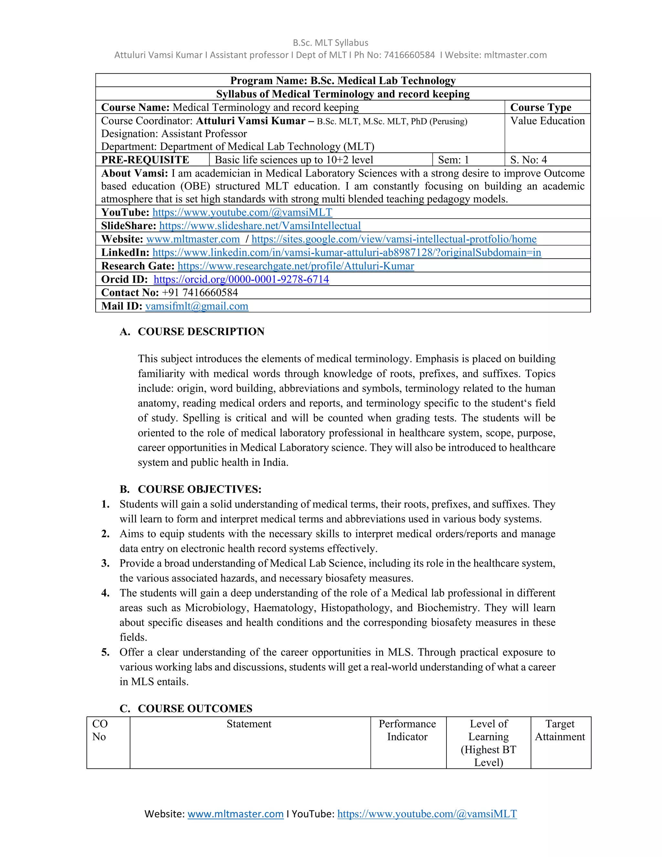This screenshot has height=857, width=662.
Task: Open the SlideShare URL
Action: [260, 226]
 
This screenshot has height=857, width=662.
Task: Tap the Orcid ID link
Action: [241, 279]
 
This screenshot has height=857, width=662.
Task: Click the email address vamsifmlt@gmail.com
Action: [197, 306]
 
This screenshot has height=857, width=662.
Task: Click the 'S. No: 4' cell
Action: [528, 160]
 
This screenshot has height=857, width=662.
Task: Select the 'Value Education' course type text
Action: [547, 121]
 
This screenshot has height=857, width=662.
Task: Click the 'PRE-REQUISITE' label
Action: [145, 160]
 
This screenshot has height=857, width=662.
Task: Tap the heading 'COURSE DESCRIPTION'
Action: [201, 331]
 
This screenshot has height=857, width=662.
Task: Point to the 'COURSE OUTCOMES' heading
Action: [195, 708]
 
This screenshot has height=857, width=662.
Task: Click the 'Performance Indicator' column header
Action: [407, 730]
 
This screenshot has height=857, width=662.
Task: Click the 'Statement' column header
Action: [249, 723]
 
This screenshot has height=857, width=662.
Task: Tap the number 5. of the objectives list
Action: [105, 652]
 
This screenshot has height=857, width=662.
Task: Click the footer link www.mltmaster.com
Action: [235, 814]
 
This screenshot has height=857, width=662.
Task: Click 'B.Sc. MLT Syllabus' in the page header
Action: [330, 43]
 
